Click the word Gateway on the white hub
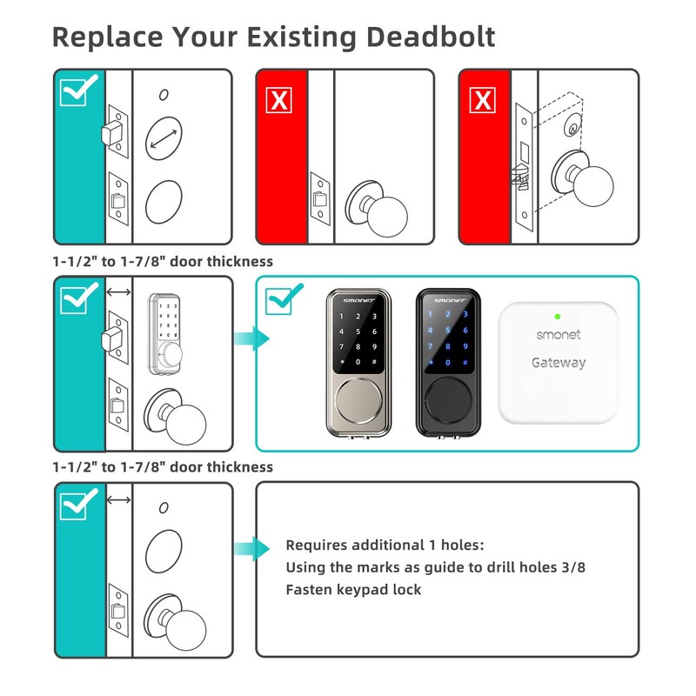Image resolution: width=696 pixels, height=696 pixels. point(558,363)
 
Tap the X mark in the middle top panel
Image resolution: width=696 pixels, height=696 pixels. point(279,100)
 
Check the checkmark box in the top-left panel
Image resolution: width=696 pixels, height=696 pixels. point(79,90)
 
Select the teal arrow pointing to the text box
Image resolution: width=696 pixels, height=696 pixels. point(246,547)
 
